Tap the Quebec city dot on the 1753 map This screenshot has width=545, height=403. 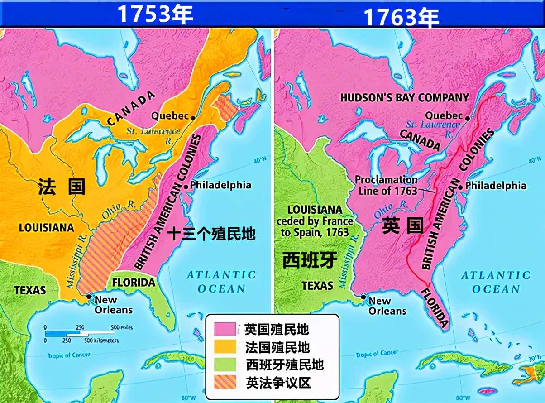[x=193, y=118]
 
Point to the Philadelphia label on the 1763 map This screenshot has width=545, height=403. [x=496, y=186]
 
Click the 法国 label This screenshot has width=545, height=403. [x=62, y=186]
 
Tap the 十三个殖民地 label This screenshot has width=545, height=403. [x=211, y=234]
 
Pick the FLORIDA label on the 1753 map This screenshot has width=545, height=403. [x=134, y=283]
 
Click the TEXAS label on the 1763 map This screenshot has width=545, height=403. [x=317, y=285]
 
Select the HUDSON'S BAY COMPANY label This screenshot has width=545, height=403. [x=404, y=97]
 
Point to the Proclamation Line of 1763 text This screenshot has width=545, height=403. [x=386, y=185]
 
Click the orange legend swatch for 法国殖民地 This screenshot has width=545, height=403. [x=225, y=347]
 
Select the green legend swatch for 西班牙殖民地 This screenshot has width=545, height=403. [x=225, y=365]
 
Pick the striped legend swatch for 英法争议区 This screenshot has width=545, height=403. [x=225, y=383]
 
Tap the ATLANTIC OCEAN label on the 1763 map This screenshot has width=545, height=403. [x=496, y=282]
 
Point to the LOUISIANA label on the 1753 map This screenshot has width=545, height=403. [x=46, y=227]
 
